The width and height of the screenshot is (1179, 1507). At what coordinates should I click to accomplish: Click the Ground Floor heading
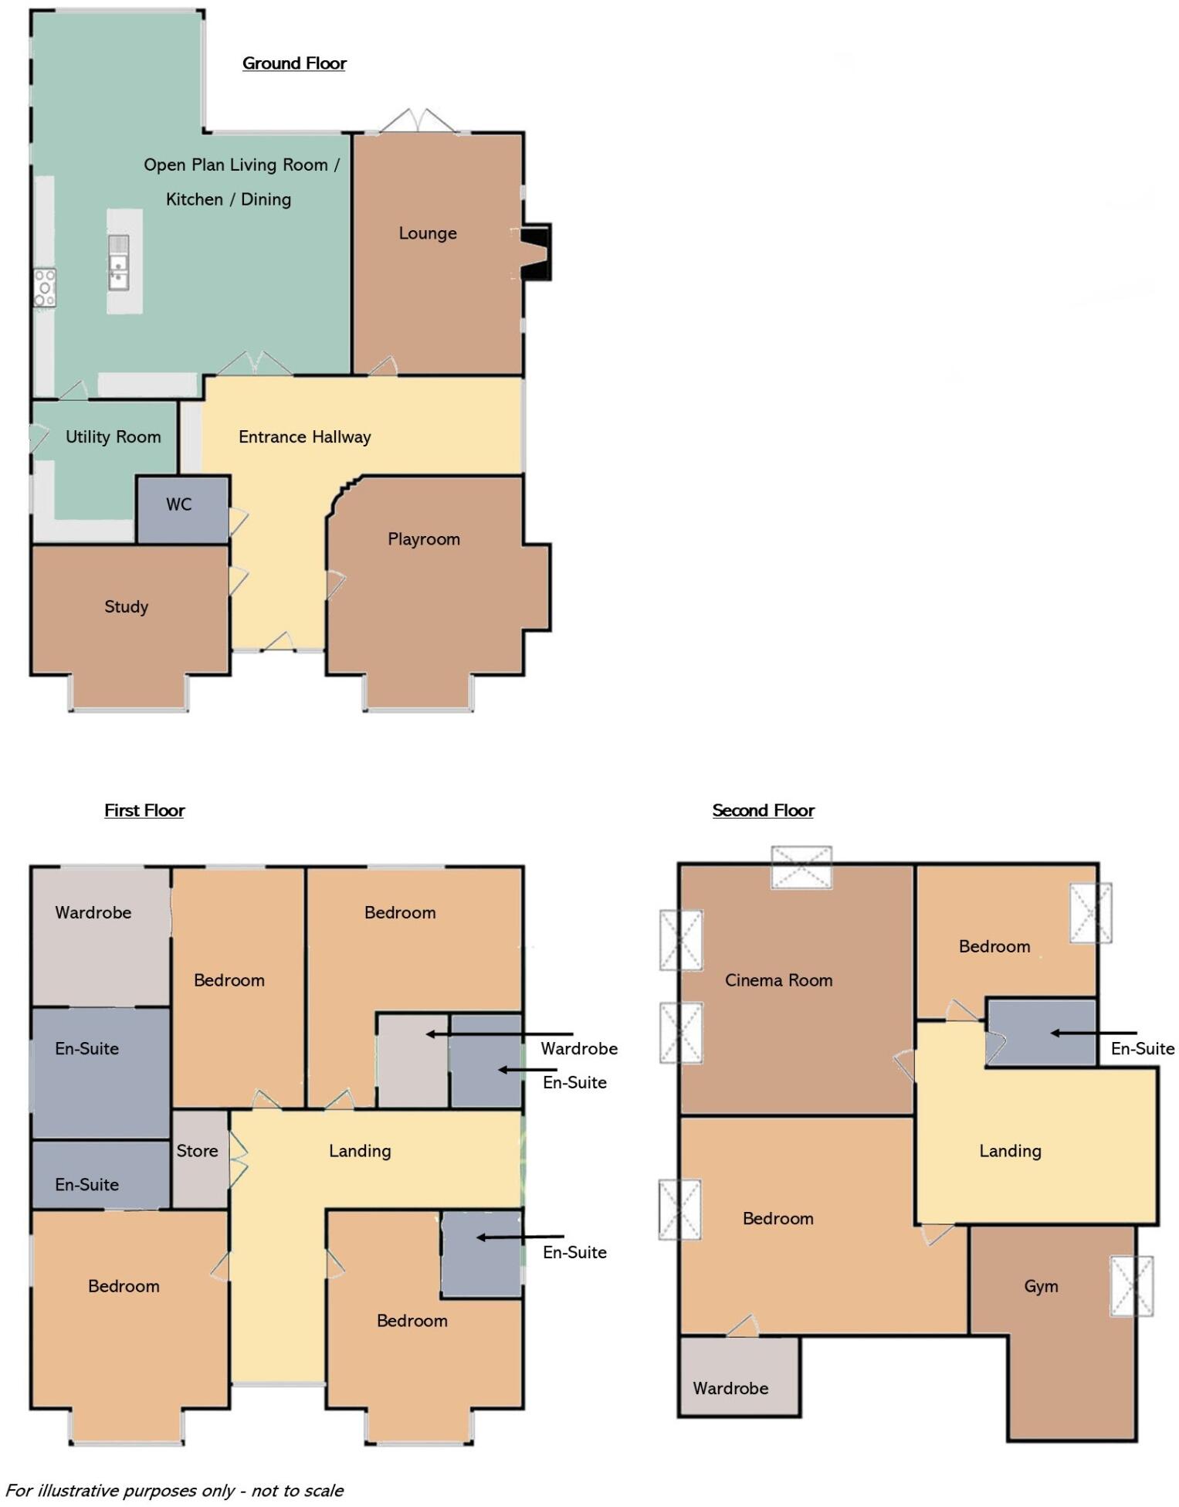[293, 63]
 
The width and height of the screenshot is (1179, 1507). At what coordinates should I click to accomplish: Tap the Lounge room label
[427, 233]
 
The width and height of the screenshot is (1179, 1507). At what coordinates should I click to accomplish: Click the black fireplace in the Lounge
[535, 252]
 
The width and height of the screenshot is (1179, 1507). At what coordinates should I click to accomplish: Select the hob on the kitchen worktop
[45, 288]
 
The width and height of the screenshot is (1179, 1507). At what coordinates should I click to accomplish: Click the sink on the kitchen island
[118, 263]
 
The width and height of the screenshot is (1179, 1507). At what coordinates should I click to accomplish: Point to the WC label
[178, 504]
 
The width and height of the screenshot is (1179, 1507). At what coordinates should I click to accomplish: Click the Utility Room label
[113, 437]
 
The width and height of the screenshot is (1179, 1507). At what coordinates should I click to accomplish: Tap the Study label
[126, 606]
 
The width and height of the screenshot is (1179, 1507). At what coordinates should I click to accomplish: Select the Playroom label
[423, 539]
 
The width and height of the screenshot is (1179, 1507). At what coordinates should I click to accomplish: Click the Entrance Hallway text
[304, 437]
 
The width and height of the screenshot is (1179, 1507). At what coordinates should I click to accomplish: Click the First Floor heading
[144, 810]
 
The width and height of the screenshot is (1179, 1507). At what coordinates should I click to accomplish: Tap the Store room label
[197, 1151]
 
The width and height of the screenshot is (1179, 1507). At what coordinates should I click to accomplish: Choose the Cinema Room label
[778, 980]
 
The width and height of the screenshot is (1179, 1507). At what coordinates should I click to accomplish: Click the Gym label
[1041, 1286]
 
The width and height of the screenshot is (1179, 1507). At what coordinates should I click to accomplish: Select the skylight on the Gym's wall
[1131, 1286]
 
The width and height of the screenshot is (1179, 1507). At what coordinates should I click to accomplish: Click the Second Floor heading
[763, 810]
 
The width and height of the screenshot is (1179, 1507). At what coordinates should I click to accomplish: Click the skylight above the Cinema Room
[801, 867]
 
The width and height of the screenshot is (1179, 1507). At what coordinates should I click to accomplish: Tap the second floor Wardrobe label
[730, 1388]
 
